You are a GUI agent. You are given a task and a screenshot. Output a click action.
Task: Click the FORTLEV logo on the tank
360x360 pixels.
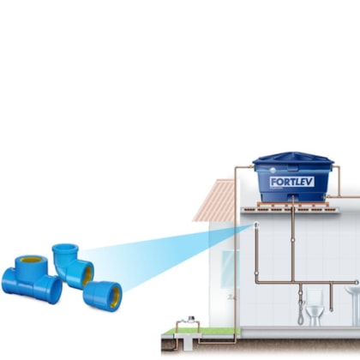pos(292,182)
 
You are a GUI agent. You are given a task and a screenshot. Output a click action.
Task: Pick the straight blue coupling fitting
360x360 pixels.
pos(103,295)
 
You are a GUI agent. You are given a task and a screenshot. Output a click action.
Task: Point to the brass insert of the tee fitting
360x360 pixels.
pos(32,260)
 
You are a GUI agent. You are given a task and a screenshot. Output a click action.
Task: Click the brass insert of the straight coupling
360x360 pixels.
pos(115,297)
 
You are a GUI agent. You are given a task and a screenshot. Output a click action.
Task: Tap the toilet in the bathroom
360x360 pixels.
pos(315,308)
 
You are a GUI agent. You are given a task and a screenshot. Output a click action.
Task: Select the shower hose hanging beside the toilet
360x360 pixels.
pos(301,312)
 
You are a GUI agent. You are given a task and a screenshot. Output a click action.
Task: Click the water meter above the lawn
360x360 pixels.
pos(191,319)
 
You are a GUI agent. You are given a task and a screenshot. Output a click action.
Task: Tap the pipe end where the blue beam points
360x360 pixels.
pos(256,225)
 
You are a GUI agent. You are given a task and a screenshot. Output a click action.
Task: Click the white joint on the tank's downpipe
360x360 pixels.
pos(292,240)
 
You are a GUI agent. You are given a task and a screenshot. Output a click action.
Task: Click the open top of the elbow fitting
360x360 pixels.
pos(65,247)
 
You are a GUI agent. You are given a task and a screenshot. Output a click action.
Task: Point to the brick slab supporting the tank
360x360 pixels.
pos(293,205)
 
